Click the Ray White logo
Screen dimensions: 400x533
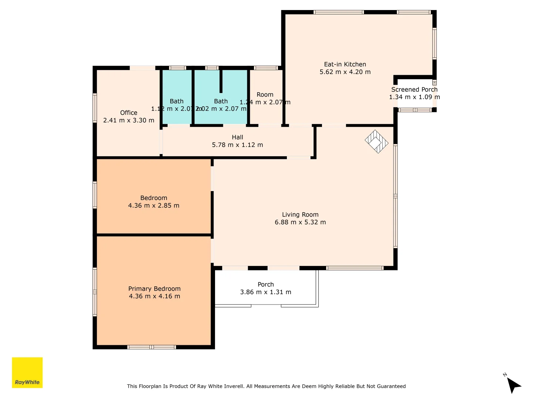coord(27,373)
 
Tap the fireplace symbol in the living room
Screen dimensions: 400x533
coord(376,141)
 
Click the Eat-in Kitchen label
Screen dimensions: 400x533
coord(345,64)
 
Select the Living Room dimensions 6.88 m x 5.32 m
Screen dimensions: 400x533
coord(300,222)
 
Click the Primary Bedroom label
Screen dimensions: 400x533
coord(154,289)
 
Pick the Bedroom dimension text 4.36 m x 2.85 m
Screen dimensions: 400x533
coord(154,206)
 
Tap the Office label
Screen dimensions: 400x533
coord(129,113)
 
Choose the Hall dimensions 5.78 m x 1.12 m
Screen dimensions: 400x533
coord(237,145)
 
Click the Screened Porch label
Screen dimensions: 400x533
coord(414,90)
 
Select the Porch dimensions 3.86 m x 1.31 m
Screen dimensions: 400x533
coord(265,292)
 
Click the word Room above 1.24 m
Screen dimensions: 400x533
coord(265,95)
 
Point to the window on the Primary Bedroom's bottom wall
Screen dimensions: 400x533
coord(151,347)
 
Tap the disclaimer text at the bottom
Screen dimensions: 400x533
coord(266,386)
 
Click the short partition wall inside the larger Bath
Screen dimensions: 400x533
coord(221,81)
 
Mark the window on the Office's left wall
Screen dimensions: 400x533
coord(95,108)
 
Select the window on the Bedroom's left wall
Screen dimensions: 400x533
coord(95,195)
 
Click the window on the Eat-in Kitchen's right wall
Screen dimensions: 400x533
coord(435,44)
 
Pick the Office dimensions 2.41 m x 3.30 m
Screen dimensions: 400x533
coord(128,120)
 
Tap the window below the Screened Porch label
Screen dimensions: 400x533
coord(415,110)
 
